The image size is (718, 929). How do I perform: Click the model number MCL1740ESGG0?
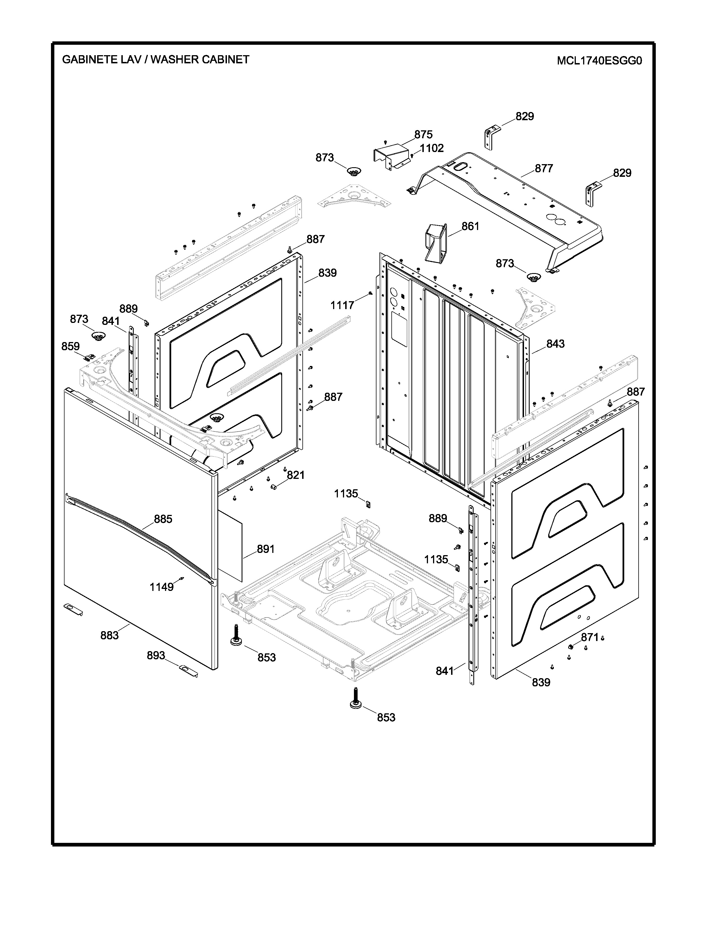599,61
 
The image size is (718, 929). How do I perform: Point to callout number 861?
470,226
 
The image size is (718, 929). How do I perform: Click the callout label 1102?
432,148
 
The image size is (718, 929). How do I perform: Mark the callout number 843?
555,344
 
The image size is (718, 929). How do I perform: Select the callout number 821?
296,475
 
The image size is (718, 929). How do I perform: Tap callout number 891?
266,549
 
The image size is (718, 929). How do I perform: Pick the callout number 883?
109,635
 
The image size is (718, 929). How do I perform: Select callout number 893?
156,655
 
